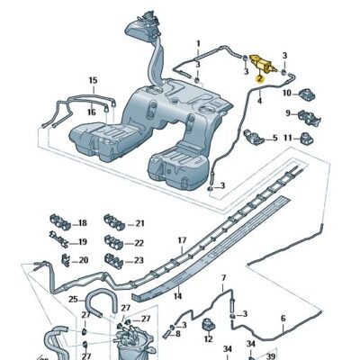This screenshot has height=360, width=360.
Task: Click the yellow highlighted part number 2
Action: coord(258,78)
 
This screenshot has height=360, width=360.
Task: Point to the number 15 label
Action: coord(92,81)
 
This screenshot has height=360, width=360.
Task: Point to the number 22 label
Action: coord(139,242)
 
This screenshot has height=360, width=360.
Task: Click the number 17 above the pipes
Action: coord(182,240)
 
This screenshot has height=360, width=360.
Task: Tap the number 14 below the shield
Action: coord(178,296)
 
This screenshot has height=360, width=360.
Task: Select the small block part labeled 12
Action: coord(209,325)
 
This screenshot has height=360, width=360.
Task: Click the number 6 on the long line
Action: coord(283,319)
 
